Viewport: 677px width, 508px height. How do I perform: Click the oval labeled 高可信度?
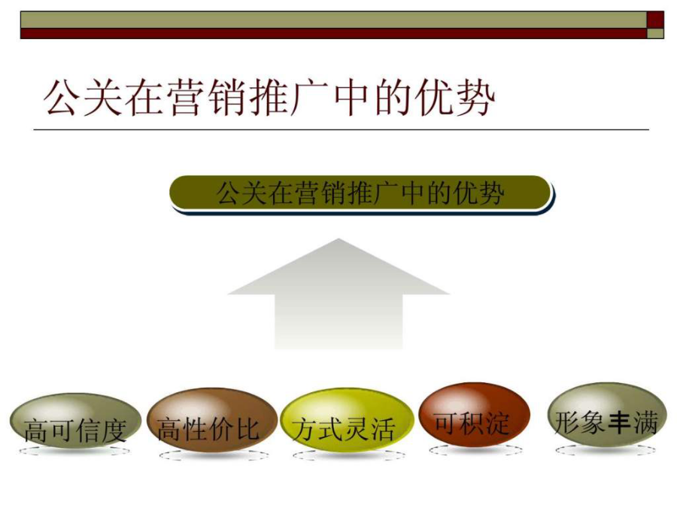75,420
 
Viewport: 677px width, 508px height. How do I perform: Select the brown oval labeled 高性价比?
211,419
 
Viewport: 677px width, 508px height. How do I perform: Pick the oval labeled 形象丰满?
607,414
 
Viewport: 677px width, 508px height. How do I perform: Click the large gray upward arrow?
339,294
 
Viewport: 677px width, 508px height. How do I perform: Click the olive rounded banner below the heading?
361,193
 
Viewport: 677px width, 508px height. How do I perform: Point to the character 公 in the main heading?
62,97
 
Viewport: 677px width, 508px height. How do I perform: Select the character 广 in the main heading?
310,97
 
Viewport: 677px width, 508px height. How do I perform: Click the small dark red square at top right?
655,20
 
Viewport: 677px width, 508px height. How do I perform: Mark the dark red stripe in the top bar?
334,34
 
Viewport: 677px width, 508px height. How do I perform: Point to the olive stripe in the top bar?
334,20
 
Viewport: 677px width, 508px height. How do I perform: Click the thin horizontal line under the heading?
341,129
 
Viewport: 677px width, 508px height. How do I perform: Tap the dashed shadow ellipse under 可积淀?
476,450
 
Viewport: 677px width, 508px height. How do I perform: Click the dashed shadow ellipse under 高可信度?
74,452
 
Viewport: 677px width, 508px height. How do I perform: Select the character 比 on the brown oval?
247,429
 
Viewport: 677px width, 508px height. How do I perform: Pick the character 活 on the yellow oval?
383,430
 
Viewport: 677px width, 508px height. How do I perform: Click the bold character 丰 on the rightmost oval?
621,422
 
